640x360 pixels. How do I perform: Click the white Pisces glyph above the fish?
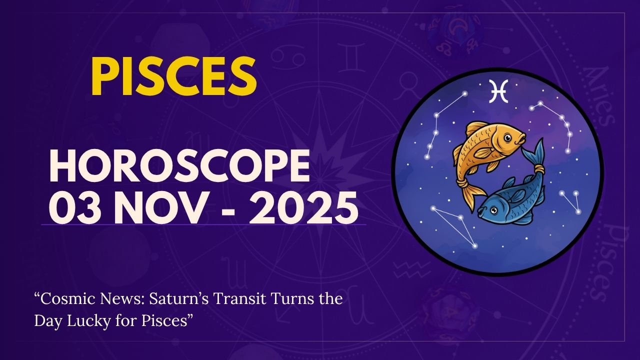(x=498, y=90)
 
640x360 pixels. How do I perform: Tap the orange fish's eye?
(x=507, y=137)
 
